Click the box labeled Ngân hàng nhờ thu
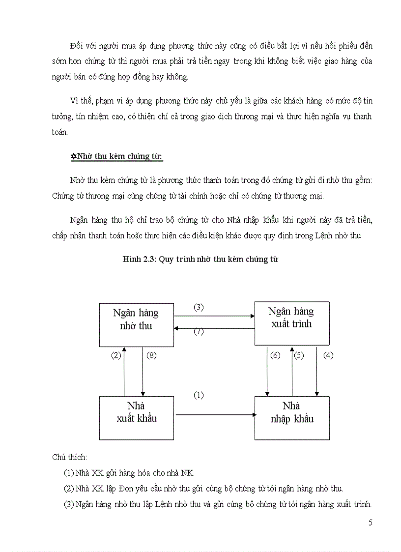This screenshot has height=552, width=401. pos(136,324)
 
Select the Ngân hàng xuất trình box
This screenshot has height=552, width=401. pos(291,323)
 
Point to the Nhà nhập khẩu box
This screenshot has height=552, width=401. pos(291,417)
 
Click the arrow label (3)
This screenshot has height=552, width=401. pos(198,307)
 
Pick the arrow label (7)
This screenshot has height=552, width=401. pos(198,331)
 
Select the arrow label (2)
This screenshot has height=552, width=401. pos(115,356)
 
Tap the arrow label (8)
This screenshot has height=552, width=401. pos(151,356)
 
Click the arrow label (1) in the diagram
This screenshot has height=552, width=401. pos(198,395)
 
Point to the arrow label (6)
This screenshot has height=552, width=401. pos(275,356)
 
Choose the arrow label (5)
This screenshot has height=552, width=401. pos(299,356)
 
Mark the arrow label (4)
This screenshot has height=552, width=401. pos(328,356)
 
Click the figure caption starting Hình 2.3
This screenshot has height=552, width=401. pos(200,259)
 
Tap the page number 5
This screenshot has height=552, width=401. pos(370,522)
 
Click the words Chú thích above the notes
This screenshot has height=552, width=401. pos(69,457)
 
